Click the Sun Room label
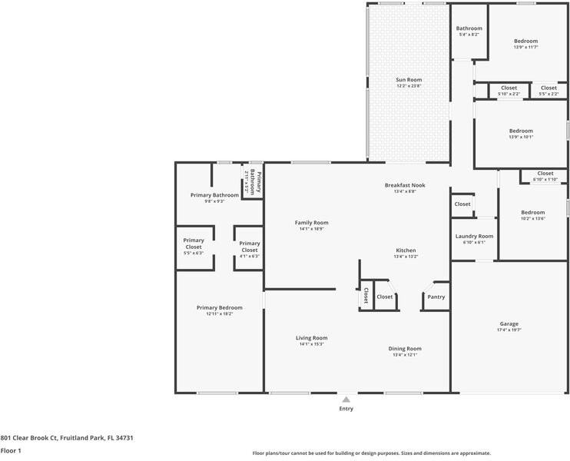(409, 80)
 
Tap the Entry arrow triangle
(346, 400)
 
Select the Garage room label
(509, 324)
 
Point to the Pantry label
(436, 297)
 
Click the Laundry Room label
(474, 236)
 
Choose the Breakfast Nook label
(405, 185)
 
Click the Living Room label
(312, 338)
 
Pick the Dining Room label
(405, 349)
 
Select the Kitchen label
(405, 250)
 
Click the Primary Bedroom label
(219, 307)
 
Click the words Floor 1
(11, 451)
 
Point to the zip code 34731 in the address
(124, 437)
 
